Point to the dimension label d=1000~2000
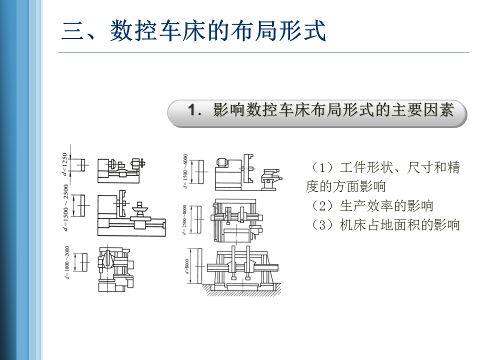66,261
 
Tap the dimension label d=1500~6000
185,171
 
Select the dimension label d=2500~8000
185,220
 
